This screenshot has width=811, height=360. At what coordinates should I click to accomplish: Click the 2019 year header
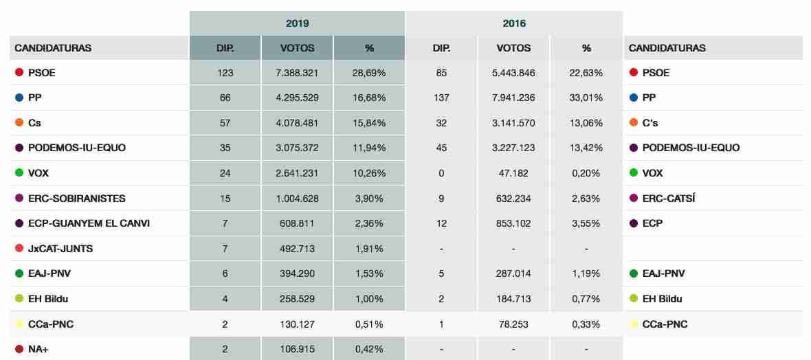(x=297, y=23)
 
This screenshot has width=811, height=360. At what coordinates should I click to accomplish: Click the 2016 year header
(x=514, y=23)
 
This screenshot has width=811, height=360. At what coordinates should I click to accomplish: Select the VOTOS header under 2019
(x=297, y=48)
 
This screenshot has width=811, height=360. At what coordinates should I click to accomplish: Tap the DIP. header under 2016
(x=441, y=48)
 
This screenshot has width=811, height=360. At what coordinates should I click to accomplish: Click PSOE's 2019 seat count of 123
(x=225, y=73)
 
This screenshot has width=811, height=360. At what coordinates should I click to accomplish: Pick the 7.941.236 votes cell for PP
(x=513, y=98)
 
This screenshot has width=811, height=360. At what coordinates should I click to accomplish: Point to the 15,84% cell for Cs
(x=369, y=123)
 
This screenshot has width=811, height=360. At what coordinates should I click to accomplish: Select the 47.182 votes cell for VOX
(x=513, y=173)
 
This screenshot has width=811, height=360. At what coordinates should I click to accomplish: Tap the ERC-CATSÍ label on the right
(x=669, y=199)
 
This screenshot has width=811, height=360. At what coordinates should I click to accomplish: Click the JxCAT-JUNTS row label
(x=60, y=249)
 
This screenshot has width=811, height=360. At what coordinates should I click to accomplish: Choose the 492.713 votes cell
(x=297, y=249)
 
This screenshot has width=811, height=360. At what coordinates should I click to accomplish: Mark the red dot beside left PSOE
(x=19, y=72)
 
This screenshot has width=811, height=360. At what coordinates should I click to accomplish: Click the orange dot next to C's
(x=634, y=123)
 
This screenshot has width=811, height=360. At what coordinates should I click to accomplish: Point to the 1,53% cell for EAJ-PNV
(x=369, y=273)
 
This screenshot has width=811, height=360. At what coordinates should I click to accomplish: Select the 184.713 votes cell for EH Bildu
(x=513, y=299)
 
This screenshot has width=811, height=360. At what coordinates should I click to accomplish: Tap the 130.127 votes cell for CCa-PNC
(x=297, y=324)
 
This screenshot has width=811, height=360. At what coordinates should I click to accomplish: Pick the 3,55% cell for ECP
(x=586, y=223)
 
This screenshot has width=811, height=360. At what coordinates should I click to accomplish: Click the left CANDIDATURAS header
(x=53, y=48)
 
